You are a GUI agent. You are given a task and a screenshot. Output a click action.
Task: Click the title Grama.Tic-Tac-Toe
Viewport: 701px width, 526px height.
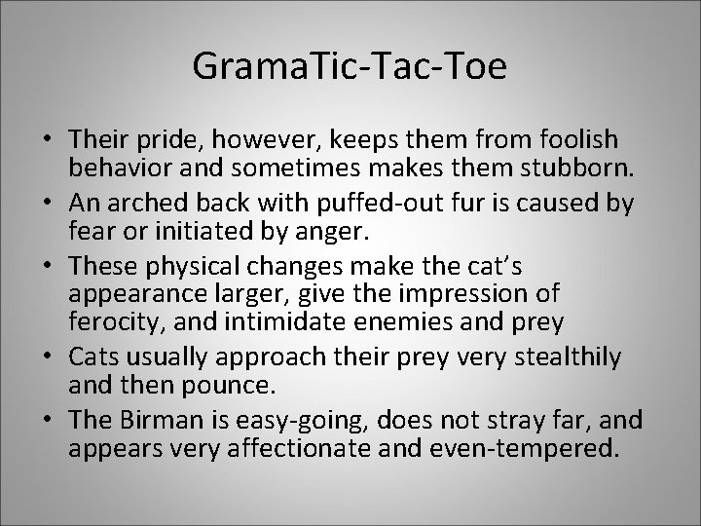(x=350, y=66)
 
